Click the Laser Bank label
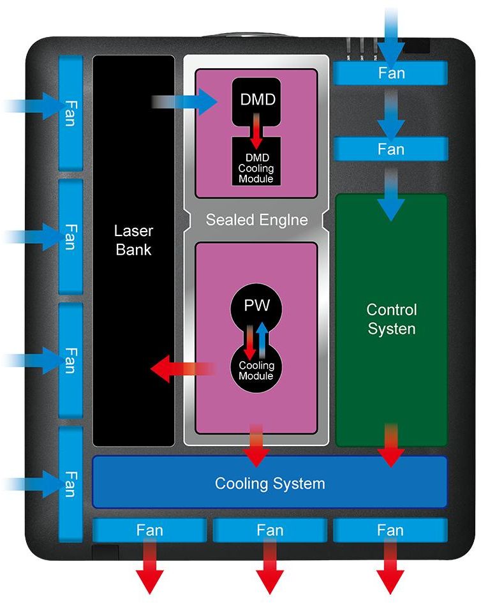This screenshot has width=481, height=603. [133, 239]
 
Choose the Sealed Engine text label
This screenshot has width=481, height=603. [256, 220]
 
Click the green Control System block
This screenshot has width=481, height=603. [391, 319]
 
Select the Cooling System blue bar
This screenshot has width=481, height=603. [270, 483]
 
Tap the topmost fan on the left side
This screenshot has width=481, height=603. [70, 112]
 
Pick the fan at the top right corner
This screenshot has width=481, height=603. [391, 73]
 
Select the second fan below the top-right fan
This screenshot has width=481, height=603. [391, 149]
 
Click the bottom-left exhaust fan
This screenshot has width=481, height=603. [149, 530]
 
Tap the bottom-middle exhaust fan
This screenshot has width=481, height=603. [270, 530]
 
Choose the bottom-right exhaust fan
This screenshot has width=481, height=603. [390, 530]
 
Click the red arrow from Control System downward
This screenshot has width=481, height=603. [391, 447]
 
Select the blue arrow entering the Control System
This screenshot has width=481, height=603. [391, 201]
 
